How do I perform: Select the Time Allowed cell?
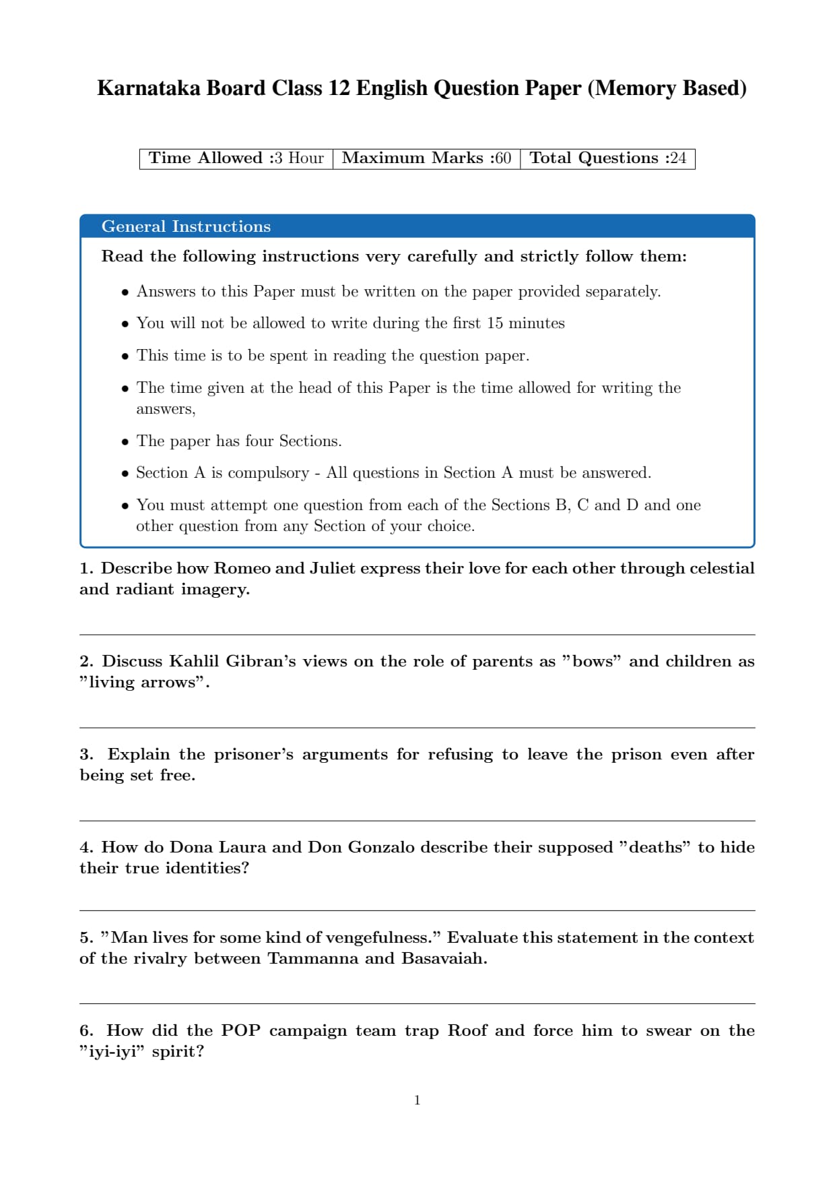[236, 158]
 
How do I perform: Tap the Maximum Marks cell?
[426, 158]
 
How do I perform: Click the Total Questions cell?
[607, 158]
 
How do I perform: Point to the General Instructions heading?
[186, 226]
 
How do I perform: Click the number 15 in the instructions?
[495, 323]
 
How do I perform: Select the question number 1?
[86, 568]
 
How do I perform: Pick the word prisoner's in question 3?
[254, 754]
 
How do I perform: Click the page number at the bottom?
[417, 1100]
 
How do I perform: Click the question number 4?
[86, 847]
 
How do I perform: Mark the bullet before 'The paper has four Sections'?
[125, 442]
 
